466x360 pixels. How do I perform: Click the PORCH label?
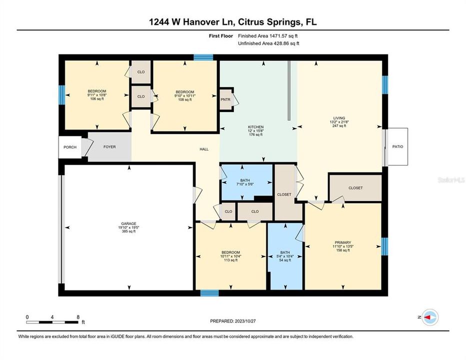click(x=69, y=147)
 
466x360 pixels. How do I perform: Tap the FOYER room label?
click(x=109, y=147)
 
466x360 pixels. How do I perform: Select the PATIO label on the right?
click(x=397, y=146)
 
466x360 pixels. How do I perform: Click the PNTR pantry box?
click(x=225, y=99)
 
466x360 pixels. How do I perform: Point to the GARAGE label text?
click(x=128, y=223)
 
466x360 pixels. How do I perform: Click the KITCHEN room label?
click(x=255, y=127)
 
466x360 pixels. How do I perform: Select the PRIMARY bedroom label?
click(x=343, y=242)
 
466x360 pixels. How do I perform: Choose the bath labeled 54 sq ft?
click(x=285, y=256)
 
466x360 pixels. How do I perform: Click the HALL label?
click(x=203, y=149)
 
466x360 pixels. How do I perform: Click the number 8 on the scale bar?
click(x=77, y=317)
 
